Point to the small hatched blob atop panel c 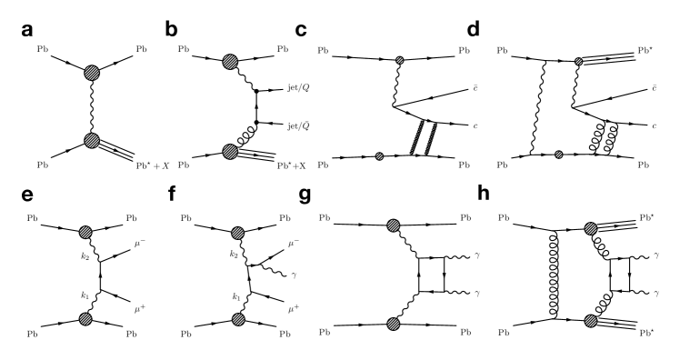(x=398, y=61)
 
